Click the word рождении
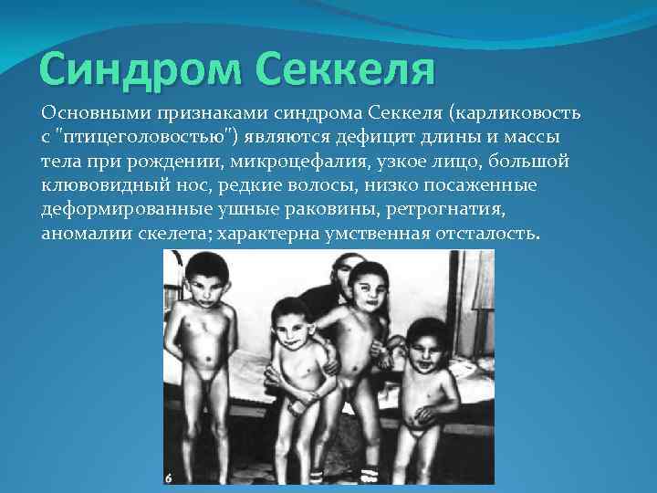[156, 162]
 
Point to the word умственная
[374, 234]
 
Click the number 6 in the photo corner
[169, 476]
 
